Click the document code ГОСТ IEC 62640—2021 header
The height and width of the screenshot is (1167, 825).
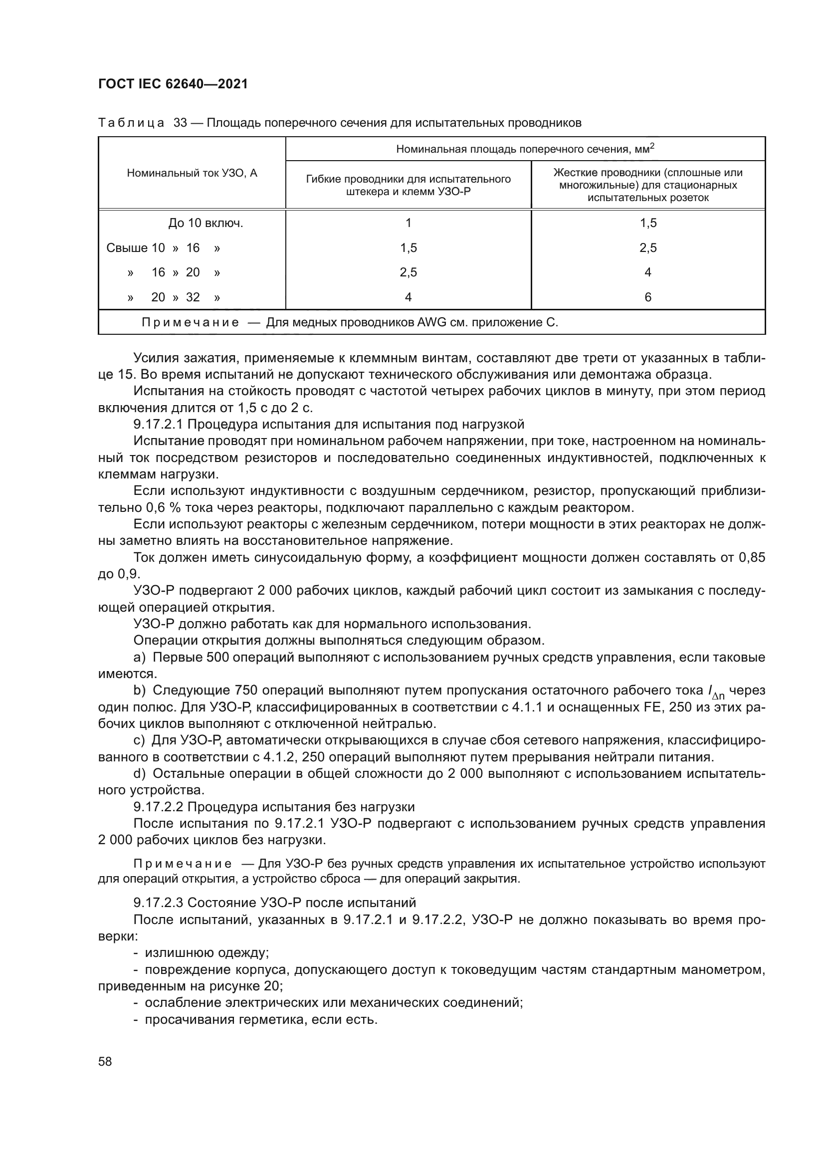click(x=173, y=84)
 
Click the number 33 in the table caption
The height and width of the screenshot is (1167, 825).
click(x=181, y=123)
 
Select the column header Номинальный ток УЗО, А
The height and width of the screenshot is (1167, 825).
click(x=192, y=173)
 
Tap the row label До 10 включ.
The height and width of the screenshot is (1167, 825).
click(x=206, y=223)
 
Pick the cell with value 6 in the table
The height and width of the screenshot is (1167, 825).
click(x=648, y=297)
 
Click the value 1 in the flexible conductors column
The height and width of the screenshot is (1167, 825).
click(x=409, y=223)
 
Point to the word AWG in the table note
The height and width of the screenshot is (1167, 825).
click(x=432, y=323)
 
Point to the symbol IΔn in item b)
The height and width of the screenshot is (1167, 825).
click(x=716, y=692)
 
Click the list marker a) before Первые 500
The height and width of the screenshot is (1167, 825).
click(x=139, y=658)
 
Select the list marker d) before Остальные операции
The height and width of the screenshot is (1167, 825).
click(x=139, y=774)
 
